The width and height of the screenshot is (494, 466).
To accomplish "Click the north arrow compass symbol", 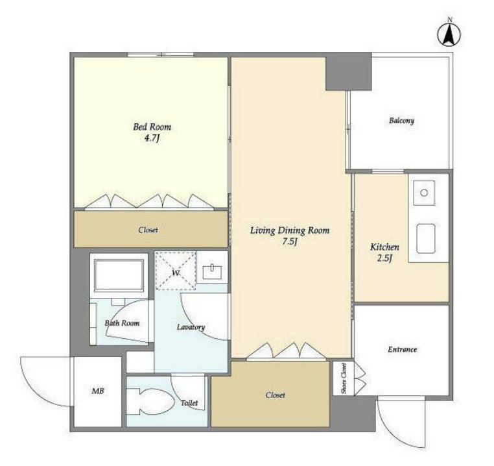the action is (449, 34).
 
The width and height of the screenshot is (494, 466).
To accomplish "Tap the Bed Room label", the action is (152, 127).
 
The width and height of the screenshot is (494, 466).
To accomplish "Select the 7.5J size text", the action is (290, 241).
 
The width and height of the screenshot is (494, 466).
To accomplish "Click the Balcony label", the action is (401, 120).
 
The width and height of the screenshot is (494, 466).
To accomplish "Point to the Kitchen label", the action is (384, 247).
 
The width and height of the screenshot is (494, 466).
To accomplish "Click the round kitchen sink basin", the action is (424, 193).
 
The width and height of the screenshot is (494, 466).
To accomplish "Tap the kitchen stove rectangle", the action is (426, 239).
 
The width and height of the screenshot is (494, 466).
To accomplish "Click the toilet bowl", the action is (150, 401).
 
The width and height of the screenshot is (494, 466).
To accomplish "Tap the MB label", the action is (98, 391).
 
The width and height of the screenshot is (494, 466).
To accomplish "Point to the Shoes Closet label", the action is (344, 378).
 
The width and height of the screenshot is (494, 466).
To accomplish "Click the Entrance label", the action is (403, 349).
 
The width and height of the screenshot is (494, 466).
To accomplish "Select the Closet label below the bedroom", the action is (148, 230).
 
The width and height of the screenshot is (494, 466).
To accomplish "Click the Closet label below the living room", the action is (275, 395).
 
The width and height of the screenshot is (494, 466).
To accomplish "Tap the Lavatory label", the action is (191, 327).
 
